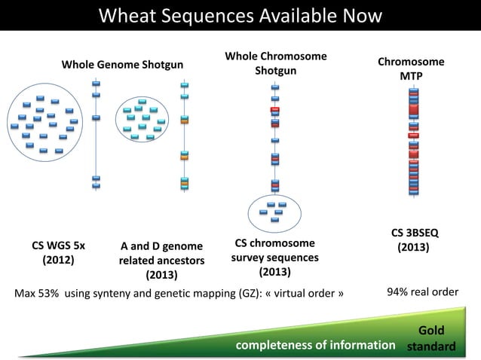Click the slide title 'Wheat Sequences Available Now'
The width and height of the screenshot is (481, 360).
coord(240,15)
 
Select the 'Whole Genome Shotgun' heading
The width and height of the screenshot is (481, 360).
coord(121,65)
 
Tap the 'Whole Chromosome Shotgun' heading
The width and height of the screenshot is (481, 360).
coord(275,64)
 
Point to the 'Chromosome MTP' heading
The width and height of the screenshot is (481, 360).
coord(411,69)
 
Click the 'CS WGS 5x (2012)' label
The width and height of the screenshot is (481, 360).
coord(58,253)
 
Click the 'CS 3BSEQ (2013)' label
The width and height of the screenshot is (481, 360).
coord(413,240)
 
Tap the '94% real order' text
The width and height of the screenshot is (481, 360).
coord(422,291)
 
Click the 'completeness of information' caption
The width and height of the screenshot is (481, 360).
coord(316,345)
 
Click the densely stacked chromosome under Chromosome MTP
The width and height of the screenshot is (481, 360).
coord(412,143)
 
